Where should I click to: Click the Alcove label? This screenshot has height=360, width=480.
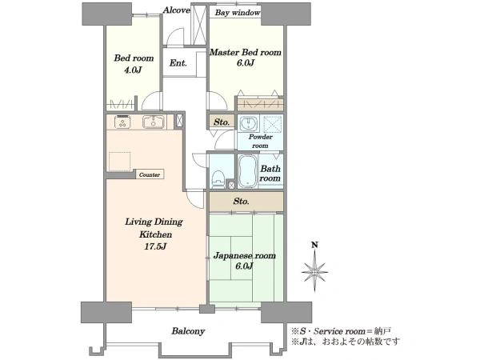[x=176, y=10]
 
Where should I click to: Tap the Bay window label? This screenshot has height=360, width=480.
[x=238, y=13]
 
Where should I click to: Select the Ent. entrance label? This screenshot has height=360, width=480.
[x=178, y=63]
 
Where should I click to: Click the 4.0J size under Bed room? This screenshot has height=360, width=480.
[x=133, y=70]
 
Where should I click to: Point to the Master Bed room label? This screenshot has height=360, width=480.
[x=246, y=52]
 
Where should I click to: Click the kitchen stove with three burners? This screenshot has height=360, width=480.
[x=122, y=122]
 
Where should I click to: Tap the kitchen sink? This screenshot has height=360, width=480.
[x=154, y=122]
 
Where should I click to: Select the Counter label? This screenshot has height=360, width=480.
[x=150, y=174]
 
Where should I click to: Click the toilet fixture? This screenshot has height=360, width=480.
[x=218, y=178]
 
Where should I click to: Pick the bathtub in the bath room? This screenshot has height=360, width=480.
[x=248, y=171]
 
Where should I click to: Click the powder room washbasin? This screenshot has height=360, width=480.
[x=248, y=124]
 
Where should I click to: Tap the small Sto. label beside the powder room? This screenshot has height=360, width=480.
[x=222, y=122]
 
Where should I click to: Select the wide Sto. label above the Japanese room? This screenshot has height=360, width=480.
[x=242, y=201]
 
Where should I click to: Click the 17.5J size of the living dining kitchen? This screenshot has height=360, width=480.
[x=155, y=246]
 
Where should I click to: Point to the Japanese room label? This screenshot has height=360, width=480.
[x=244, y=255]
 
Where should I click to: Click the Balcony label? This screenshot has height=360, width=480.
[x=188, y=331]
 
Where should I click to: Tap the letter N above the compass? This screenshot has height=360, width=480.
[x=314, y=245]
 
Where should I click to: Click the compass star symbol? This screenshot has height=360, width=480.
[x=314, y=271]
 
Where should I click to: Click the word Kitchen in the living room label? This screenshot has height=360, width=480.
[x=155, y=234]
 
